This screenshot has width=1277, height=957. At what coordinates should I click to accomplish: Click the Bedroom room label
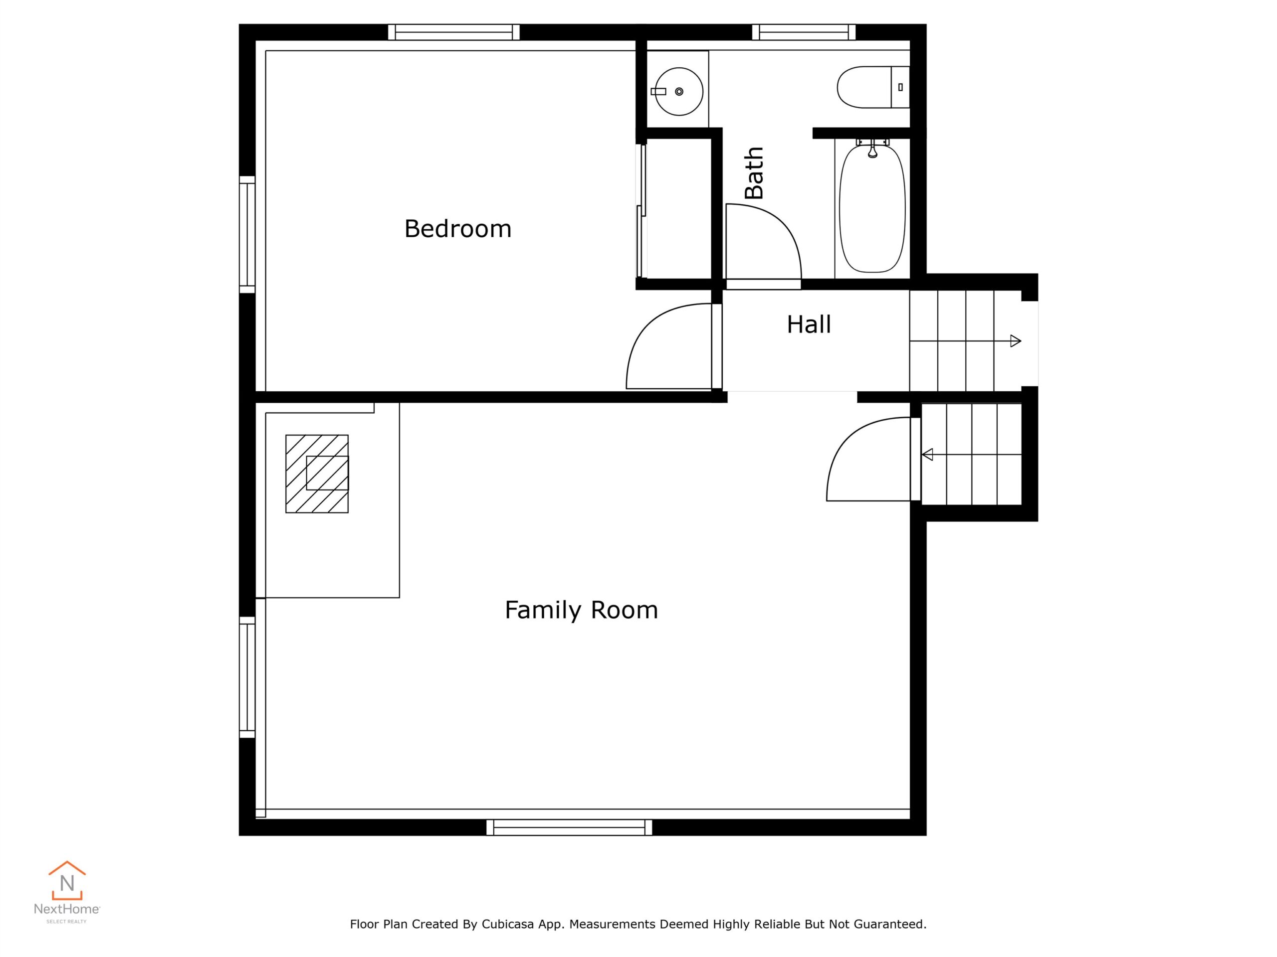458,229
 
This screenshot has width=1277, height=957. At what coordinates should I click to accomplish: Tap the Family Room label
581,610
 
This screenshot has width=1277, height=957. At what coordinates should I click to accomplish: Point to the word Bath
754,173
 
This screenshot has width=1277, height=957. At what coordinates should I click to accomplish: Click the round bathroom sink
679,92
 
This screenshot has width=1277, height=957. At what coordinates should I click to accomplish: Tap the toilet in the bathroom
873,87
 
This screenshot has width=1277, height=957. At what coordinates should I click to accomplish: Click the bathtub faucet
873,150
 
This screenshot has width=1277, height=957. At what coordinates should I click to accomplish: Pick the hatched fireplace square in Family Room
317,474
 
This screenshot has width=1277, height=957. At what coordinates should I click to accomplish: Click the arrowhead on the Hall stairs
1016,341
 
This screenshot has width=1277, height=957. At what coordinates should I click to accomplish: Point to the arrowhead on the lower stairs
927,455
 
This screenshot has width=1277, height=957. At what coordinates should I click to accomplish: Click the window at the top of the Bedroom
454,32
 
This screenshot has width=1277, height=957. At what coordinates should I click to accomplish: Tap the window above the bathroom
804,32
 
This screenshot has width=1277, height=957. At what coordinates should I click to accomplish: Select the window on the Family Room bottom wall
569,827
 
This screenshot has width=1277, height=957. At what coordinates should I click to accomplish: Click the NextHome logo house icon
67,880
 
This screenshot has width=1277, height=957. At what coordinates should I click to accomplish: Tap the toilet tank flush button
900,87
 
